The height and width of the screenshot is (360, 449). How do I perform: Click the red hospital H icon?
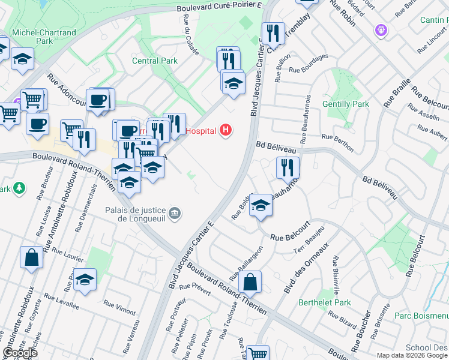point(226,130)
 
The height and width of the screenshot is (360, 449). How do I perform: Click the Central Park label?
point(155,61)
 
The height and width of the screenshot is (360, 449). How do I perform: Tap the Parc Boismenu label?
point(421,315)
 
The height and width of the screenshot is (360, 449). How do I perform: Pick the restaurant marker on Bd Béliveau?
point(288,167)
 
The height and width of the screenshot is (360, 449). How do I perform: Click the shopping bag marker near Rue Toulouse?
point(250,282)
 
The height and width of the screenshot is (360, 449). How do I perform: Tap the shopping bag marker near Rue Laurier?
point(31,258)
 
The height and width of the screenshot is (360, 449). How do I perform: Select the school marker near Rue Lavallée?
point(85,280)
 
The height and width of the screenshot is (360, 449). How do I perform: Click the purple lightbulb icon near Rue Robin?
point(379,29)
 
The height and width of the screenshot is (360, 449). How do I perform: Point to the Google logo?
point(20,353)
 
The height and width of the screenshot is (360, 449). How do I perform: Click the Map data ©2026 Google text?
point(411,355)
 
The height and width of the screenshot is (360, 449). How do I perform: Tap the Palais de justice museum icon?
point(175,213)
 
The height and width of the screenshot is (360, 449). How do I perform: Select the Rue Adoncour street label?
point(66,91)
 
